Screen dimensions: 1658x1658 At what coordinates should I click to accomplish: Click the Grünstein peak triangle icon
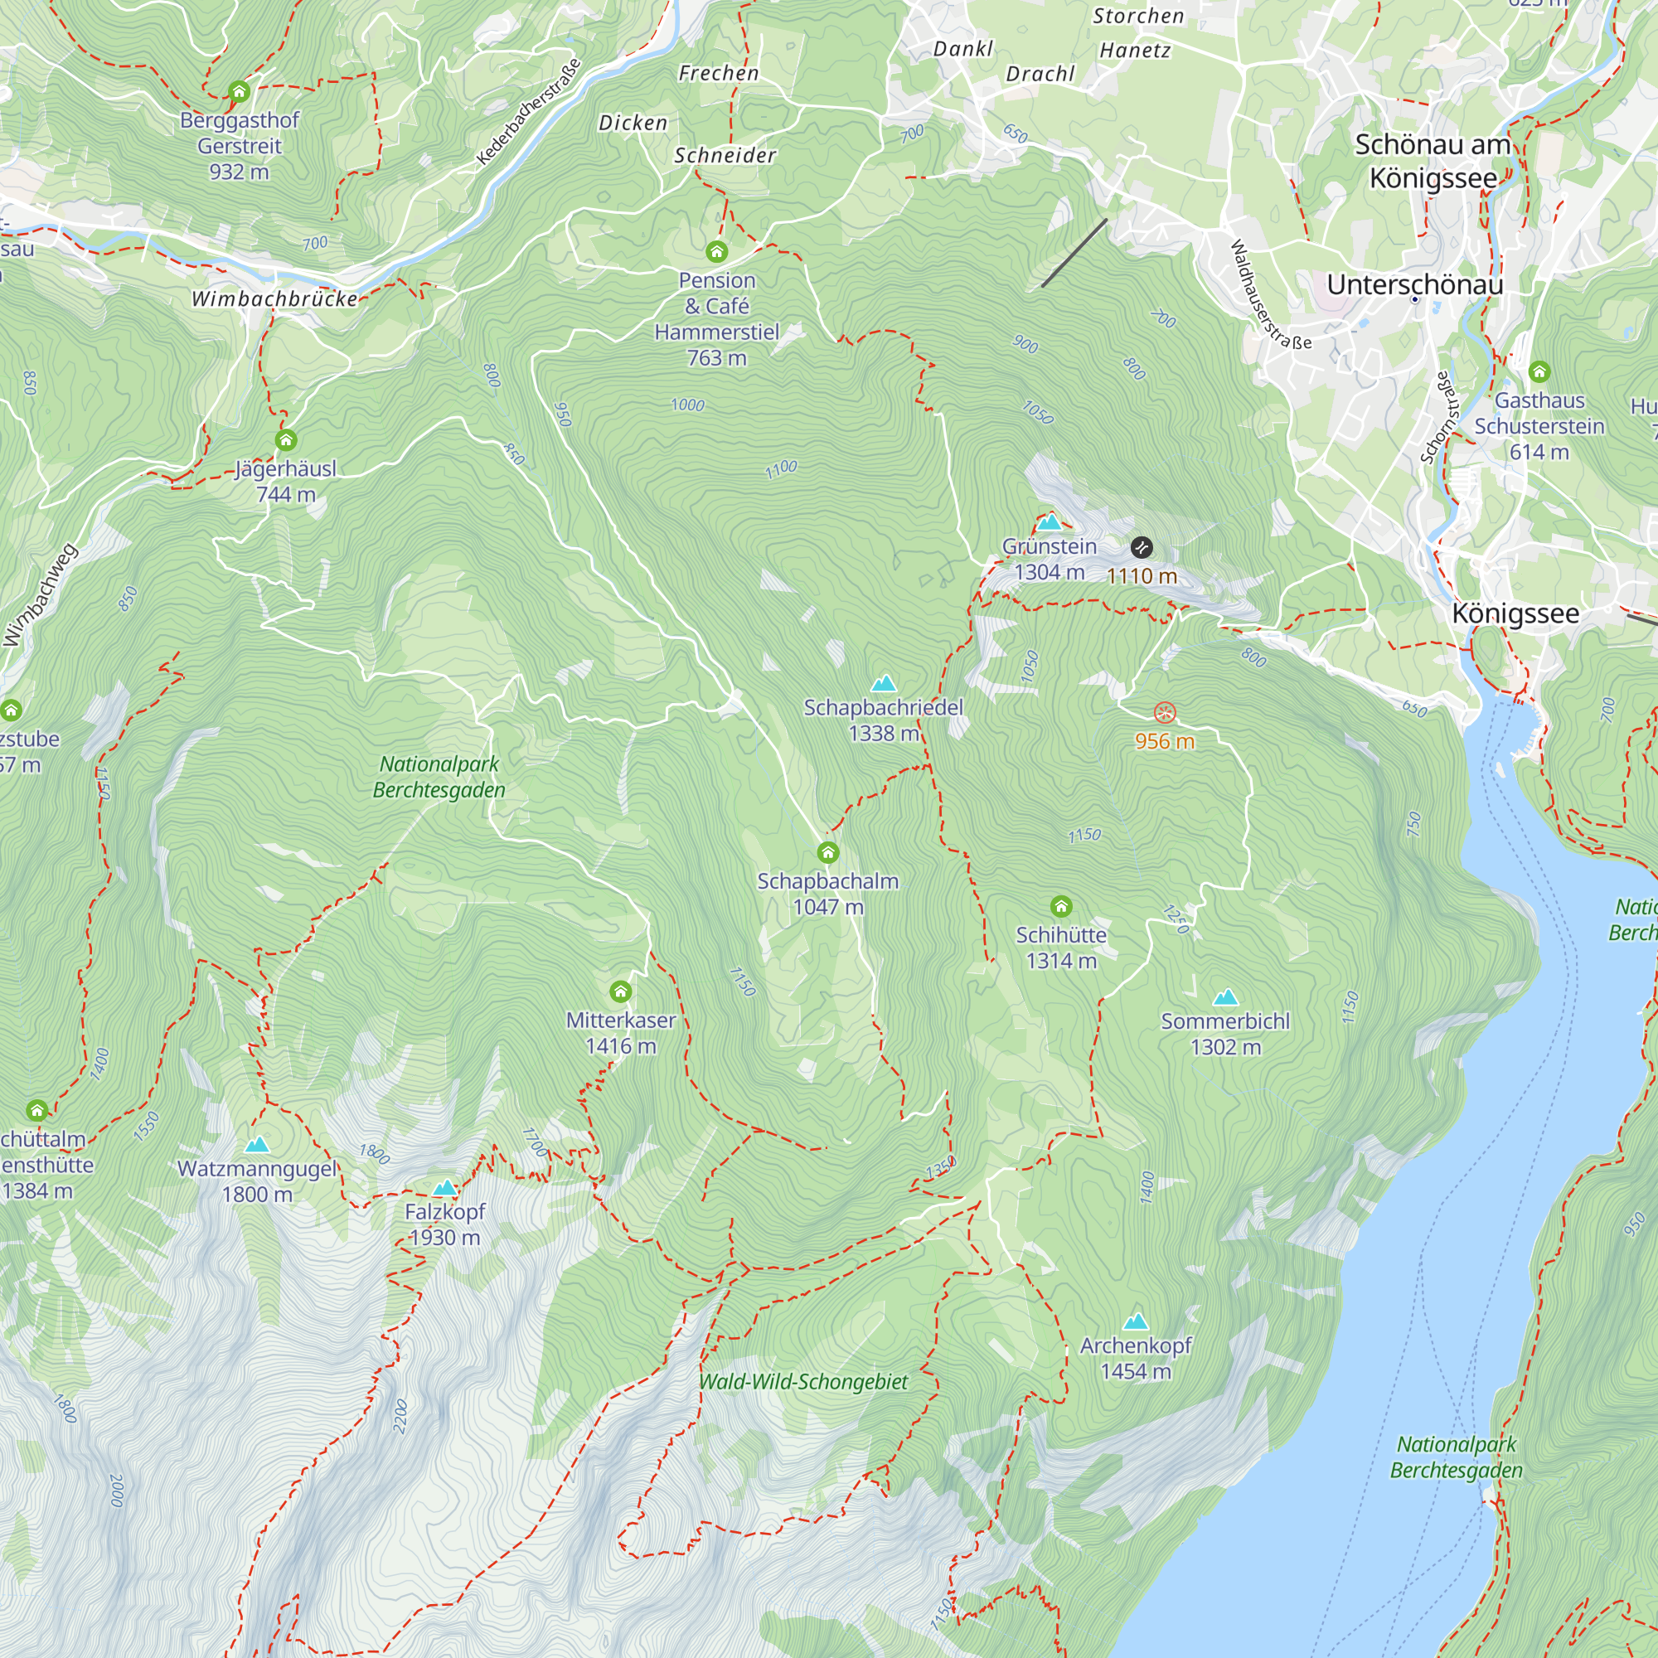[x=1050, y=522]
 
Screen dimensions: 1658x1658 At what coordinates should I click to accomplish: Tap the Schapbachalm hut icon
[x=827, y=852]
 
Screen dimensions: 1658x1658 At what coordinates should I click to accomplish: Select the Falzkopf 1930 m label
[x=444, y=1224]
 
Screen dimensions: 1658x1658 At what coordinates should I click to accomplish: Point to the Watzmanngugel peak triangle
[x=257, y=1145]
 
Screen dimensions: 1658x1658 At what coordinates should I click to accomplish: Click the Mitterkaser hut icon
[x=620, y=992]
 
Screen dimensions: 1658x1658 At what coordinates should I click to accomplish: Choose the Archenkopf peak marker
[x=1136, y=1321]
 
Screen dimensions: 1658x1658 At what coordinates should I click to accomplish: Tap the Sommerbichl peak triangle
[x=1225, y=997]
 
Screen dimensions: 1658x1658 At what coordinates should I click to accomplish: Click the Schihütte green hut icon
[x=1061, y=906]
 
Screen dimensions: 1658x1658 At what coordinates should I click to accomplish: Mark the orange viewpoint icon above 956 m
[x=1165, y=712]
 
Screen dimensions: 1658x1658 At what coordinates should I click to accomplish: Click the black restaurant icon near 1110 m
[x=1142, y=547]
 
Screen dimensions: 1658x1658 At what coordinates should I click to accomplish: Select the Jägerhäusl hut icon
[x=286, y=440]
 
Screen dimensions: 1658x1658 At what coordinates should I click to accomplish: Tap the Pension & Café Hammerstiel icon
[x=716, y=251]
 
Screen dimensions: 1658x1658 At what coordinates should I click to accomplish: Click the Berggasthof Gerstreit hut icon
[x=239, y=91]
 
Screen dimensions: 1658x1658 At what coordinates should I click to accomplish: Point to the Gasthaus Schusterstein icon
[x=1539, y=371]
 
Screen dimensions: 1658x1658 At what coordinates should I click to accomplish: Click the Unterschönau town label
[x=1414, y=285]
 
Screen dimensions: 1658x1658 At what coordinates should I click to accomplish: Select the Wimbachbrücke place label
[x=274, y=298]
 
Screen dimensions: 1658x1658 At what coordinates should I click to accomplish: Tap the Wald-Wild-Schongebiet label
[x=803, y=1382]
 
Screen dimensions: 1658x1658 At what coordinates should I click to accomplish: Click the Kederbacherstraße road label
[x=529, y=112]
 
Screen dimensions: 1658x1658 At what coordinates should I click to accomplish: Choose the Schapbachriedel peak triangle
[x=883, y=684]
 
